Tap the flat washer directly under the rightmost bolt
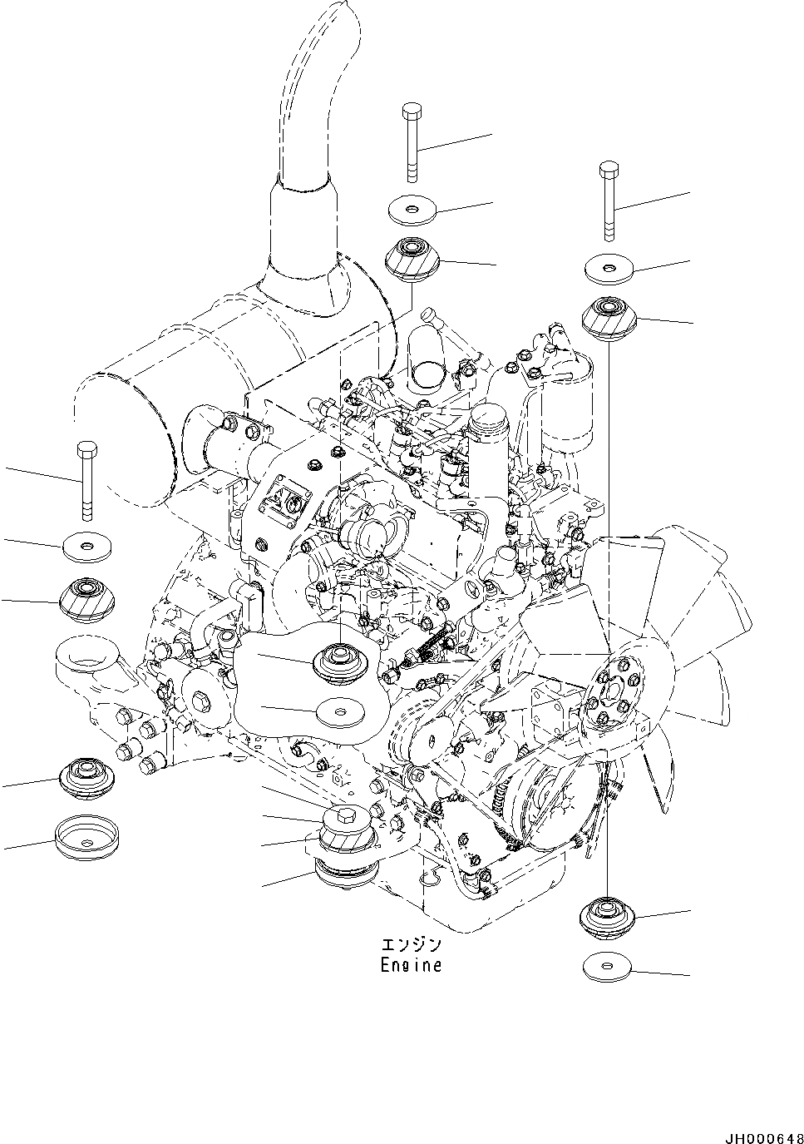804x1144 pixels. click(608, 268)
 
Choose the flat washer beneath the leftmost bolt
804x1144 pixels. click(86, 546)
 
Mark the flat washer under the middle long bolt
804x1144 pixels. click(413, 210)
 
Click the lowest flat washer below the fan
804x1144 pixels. click(607, 967)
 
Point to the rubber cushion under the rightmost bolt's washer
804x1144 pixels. click(609, 318)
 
